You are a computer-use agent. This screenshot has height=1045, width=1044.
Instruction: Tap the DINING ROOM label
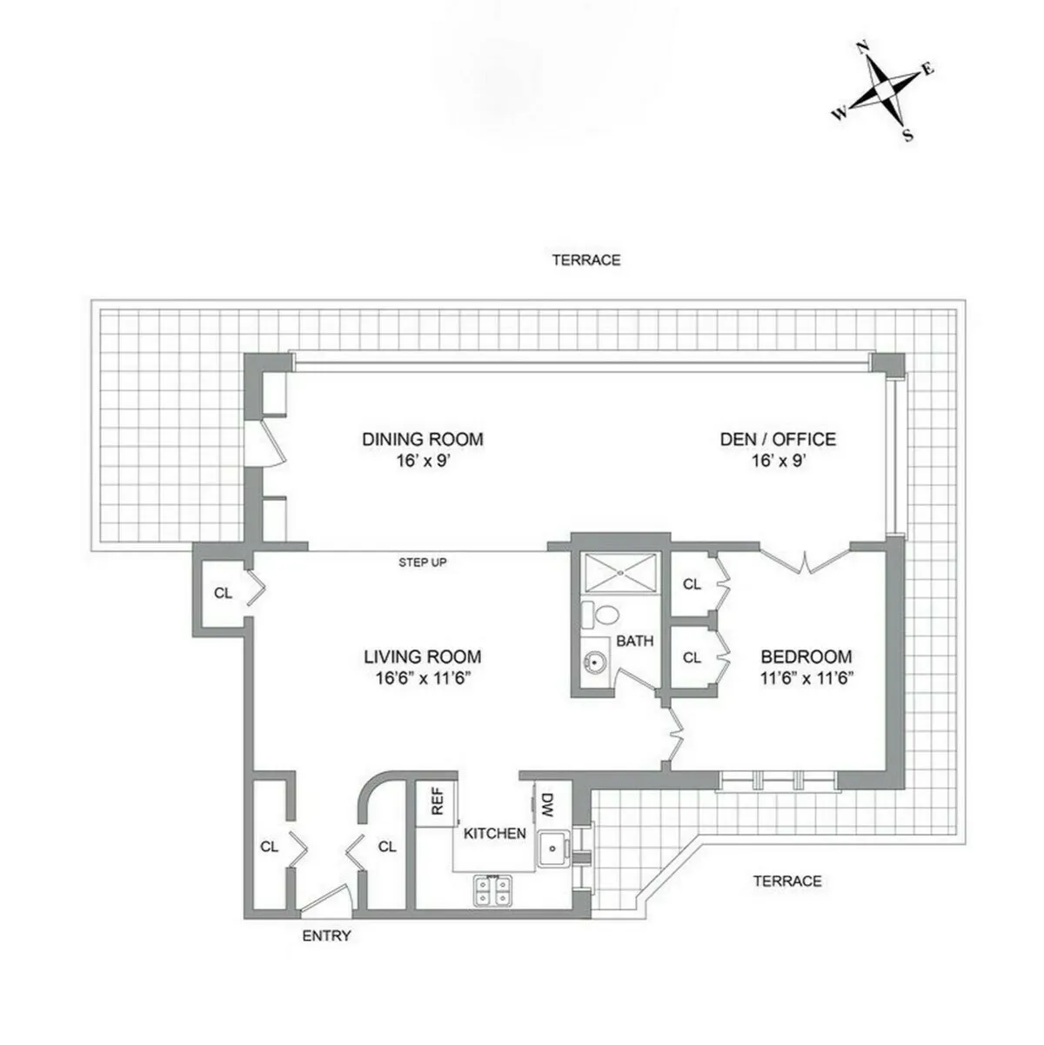[x=422, y=439]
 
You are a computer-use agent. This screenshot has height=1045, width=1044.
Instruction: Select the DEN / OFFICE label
[x=777, y=439]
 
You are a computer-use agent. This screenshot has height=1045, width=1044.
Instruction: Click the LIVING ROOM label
[x=422, y=657]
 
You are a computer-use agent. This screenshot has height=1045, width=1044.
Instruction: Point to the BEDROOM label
[x=806, y=657]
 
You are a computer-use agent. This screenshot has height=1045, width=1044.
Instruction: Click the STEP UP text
[x=423, y=562]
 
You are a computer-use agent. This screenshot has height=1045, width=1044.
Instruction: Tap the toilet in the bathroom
[x=598, y=614]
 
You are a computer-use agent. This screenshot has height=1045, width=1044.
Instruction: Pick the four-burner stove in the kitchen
[x=492, y=889]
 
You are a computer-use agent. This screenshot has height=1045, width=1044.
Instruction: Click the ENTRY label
[x=326, y=936]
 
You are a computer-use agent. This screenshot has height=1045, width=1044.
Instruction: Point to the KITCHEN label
[x=494, y=833]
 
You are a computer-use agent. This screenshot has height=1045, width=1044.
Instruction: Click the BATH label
[x=635, y=642]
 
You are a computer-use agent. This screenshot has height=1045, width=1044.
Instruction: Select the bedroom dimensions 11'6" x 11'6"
[x=806, y=679]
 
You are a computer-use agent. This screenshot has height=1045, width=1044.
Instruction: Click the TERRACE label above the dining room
[x=586, y=260]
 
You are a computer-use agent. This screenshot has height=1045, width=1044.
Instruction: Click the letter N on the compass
[x=864, y=48]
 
